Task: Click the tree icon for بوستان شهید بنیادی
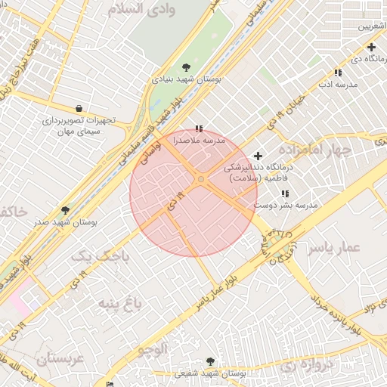click(x=187, y=67)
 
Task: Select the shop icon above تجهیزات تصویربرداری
click(x=79, y=108)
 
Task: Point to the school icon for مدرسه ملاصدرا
click(x=199, y=129)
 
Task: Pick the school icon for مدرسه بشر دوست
click(x=284, y=193)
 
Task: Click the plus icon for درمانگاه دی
click(x=371, y=47)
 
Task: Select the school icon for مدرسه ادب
click(x=338, y=73)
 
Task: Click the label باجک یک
click(x=101, y=256)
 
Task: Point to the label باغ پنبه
click(x=119, y=303)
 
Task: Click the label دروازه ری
click(x=308, y=365)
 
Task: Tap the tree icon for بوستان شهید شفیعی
click(x=209, y=362)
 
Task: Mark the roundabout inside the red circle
click(x=201, y=179)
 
